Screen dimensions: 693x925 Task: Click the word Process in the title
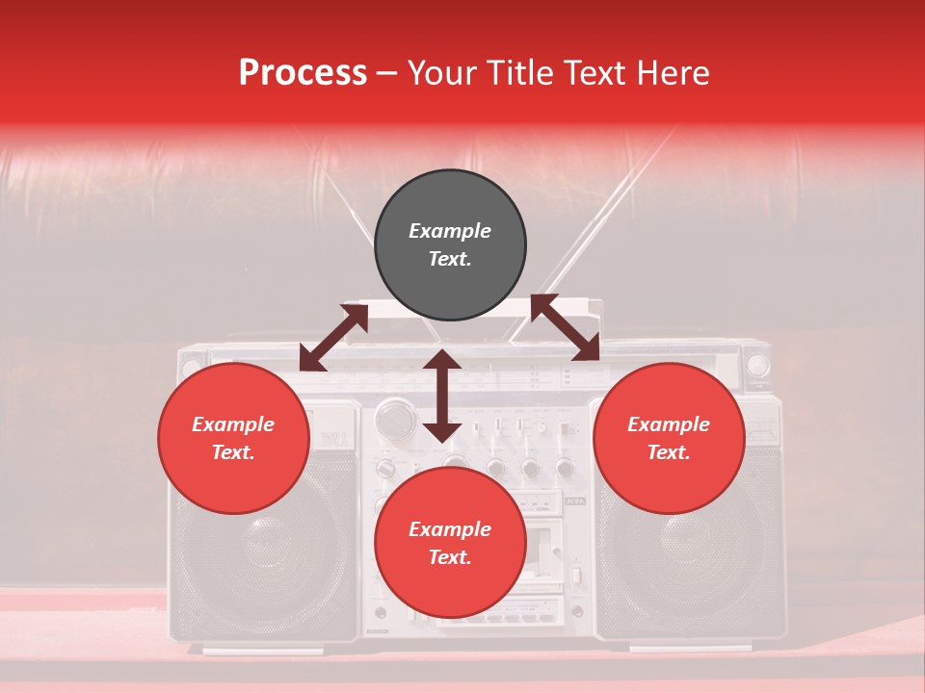pyautogui.click(x=303, y=73)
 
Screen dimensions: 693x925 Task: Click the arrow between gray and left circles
pyautogui.click(x=333, y=338)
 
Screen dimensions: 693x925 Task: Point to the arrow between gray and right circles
pyautogui.click(x=565, y=328)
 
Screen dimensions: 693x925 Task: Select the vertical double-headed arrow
pyautogui.click(x=442, y=396)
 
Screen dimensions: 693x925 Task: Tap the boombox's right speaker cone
pyautogui.click(x=674, y=549)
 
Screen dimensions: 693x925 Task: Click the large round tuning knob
pyautogui.click(x=393, y=419)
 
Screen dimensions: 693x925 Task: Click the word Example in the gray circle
pyautogui.click(x=450, y=231)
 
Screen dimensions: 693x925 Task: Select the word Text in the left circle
pyautogui.click(x=233, y=452)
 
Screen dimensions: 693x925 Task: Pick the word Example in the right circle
pyautogui.click(x=669, y=424)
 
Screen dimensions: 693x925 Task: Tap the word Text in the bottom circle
pyautogui.click(x=450, y=557)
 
